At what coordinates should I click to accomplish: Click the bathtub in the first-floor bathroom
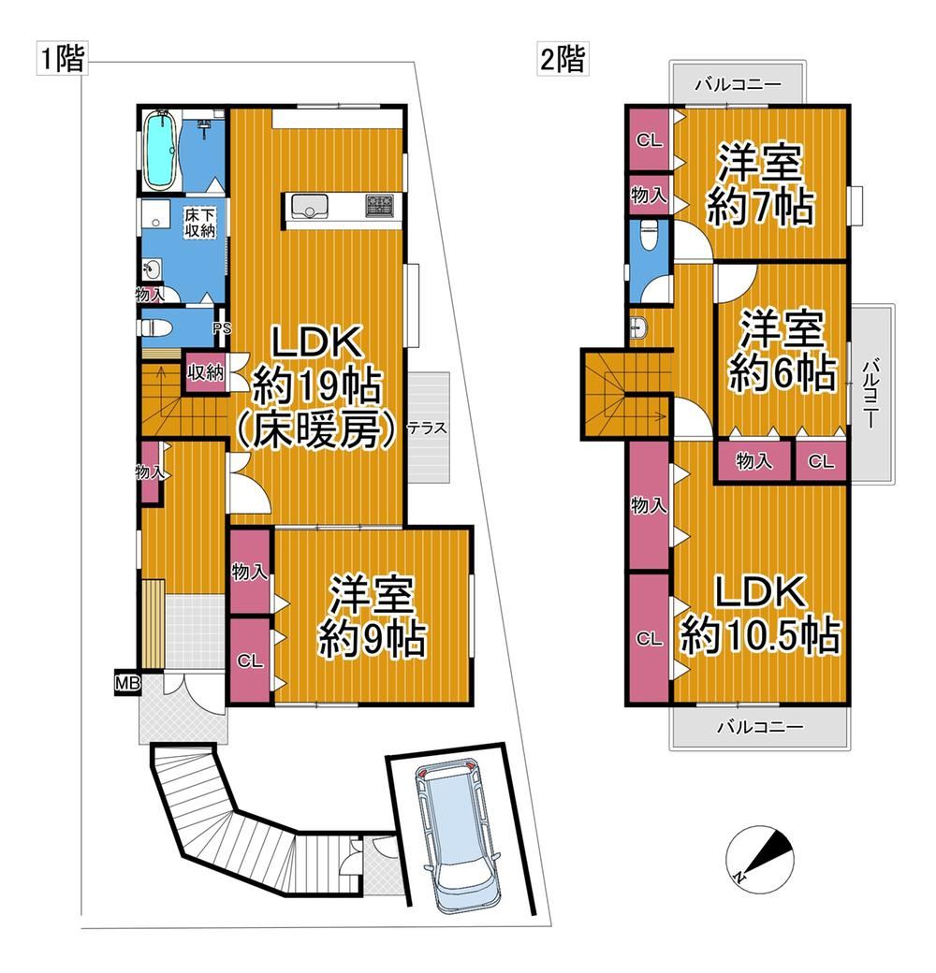(x=161, y=152)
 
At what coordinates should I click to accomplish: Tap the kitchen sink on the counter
(x=310, y=206)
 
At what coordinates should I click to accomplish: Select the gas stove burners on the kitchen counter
(x=379, y=206)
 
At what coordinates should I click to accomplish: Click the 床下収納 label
(x=200, y=223)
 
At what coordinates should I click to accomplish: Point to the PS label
(x=222, y=328)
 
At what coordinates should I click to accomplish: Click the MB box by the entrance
(x=128, y=684)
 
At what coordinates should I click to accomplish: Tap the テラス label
(x=427, y=428)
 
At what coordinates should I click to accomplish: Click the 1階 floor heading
(x=62, y=59)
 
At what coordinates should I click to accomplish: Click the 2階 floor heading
(x=563, y=59)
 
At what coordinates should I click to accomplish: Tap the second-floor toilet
(x=649, y=235)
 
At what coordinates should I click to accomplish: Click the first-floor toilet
(x=156, y=327)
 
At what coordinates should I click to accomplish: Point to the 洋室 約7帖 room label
(x=760, y=184)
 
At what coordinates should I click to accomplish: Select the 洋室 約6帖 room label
(x=782, y=350)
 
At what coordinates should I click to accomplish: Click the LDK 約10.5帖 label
(x=760, y=615)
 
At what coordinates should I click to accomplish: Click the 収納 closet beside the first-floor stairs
(x=205, y=372)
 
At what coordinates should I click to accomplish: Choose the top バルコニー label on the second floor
(x=738, y=84)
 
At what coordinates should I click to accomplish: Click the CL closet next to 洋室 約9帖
(x=250, y=661)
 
